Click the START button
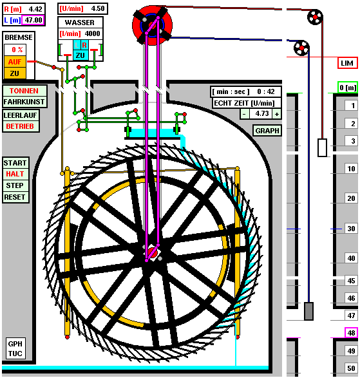pos(15,163)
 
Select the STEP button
pos(15,185)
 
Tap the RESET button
pos(15,197)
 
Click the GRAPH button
pos(267,131)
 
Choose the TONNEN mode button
pos(24,91)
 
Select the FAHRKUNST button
pos(24,102)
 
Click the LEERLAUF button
pos(21,115)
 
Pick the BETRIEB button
pos(21,126)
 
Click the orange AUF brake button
pos(15,62)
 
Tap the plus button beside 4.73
pos(277,113)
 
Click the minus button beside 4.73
pos(244,113)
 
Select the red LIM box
pos(347,63)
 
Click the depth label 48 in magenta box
pos(351,333)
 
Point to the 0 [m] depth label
pos(348,88)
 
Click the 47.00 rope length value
pos(33,20)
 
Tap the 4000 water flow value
pos(92,33)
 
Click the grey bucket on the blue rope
pos(308,311)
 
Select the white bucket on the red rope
pos(323,147)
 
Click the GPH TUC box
pos(15,348)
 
